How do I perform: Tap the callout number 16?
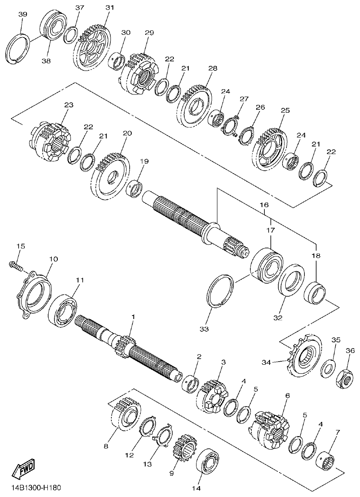pos(264,205)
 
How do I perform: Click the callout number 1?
pos(133,317)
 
